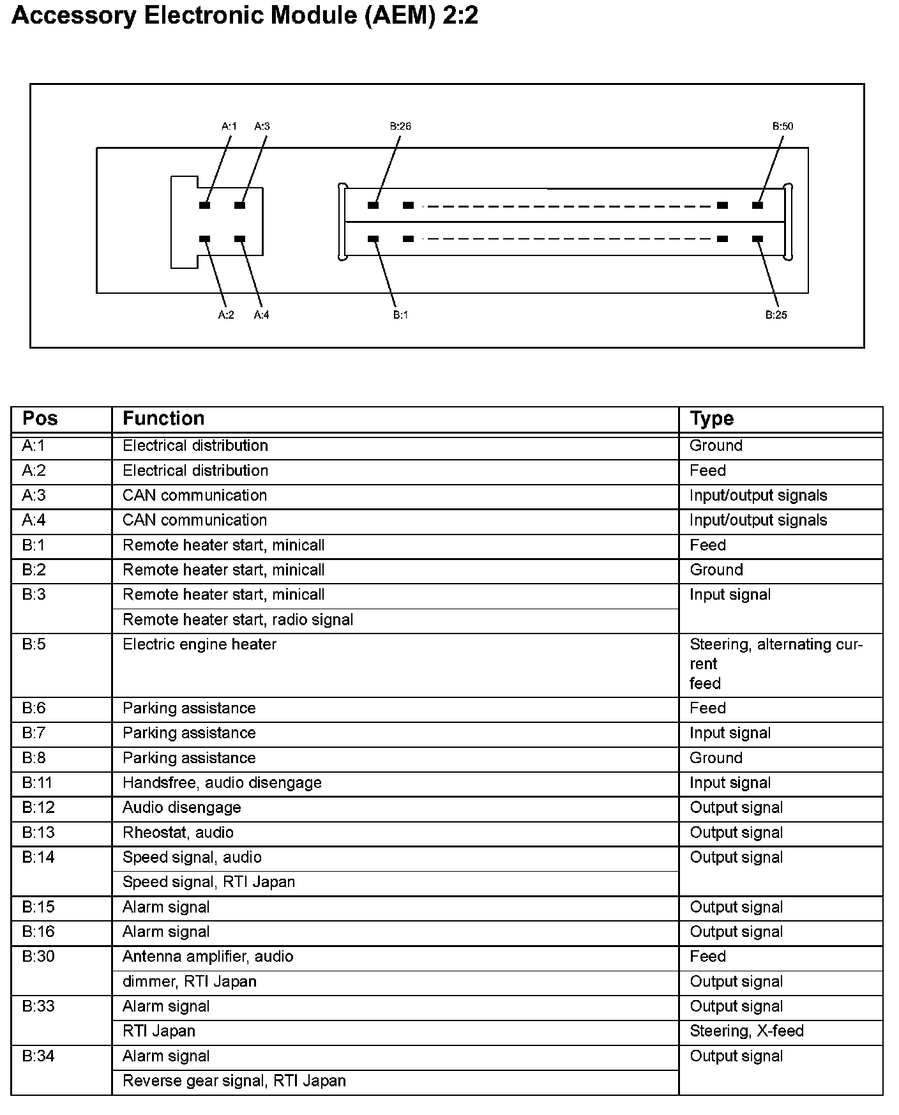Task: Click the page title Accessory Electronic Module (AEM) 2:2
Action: pyautogui.click(x=245, y=15)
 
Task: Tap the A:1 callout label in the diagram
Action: pyautogui.click(x=229, y=126)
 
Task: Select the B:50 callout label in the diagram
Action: pyautogui.click(x=783, y=126)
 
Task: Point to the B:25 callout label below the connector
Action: pyautogui.click(x=776, y=315)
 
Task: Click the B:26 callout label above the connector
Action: pyautogui.click(x=400, y=126)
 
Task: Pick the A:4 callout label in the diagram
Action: pyautogui.click(x=261, y=315)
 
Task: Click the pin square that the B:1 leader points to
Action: pyautogui.click(x=374, y=239)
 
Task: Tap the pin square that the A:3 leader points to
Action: pyautogui.click(x=240, y=205)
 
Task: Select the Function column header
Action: pyautogui.click(x=163, y=418)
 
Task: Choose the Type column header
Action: pyautogui.click(x=711, y=418)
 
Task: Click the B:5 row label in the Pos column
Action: pyautogui.click(x=34, y=644)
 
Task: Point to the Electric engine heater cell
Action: pyautogui.click(x=199, y=644)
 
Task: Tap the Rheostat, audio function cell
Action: pyautogui.click(x=178, y=833)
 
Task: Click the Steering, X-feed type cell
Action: pyautogui.click(x=746, y=1031)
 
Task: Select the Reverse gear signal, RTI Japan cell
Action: pyautogui.click(x=234, y=1081)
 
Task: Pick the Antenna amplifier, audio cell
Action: pyautogui.click(x=208, y=957)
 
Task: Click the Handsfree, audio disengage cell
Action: pyautogui.click(x=222, y=783)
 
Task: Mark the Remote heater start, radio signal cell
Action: pyautogui.click(x=238, y=620)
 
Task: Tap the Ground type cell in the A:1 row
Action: pyautogui.click(x=716, y=446)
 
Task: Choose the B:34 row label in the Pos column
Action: pyautogui.click(x=38, y=1056)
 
